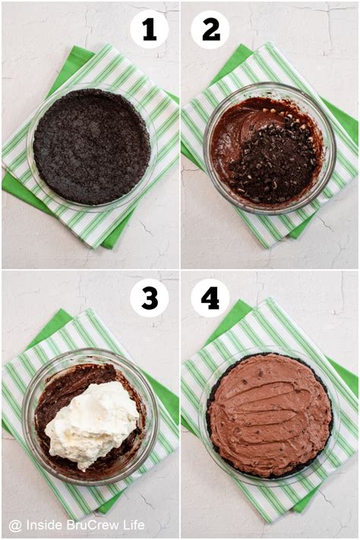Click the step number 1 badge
coord(150,30)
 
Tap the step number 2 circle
coord(210,30)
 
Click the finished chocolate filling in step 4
coord(269,414)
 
